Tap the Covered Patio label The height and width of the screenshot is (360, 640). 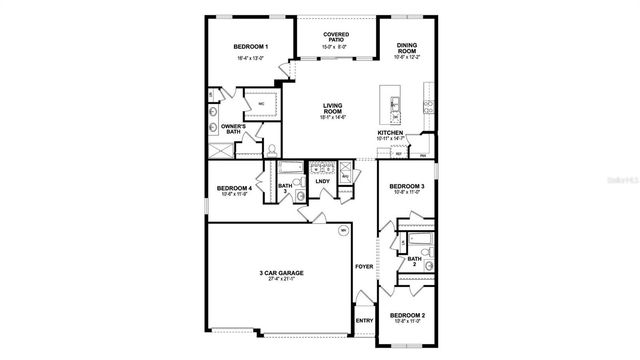pos(336,37)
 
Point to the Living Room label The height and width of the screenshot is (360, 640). pos(333,107)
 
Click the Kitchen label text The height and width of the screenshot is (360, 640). pos(390,132)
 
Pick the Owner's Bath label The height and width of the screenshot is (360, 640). pos(234,128)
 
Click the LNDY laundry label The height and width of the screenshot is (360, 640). pos(323,181)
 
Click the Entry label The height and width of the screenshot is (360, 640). pos(365,321)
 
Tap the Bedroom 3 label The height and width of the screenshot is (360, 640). pos(407,187)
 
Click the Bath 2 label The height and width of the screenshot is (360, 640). pos(414,261)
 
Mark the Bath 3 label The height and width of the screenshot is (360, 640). pos(284,188)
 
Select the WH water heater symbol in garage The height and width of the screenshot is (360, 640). pos(343,257)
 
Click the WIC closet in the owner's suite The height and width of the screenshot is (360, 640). pos(262,103)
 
